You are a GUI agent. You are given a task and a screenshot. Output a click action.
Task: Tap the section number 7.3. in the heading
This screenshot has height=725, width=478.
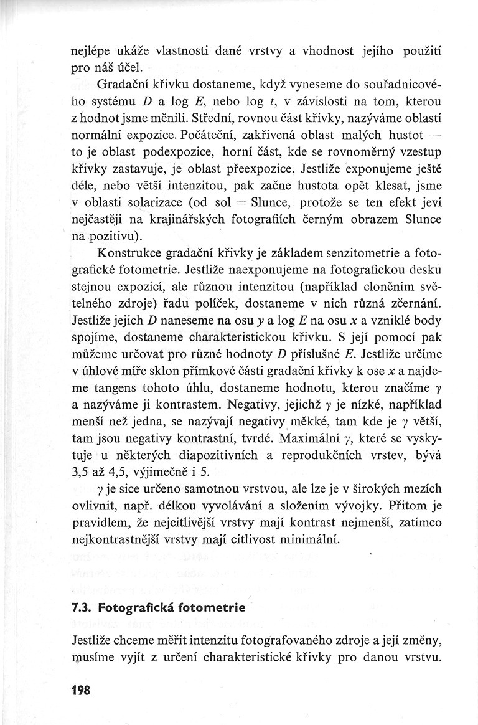click(x=83, y=607)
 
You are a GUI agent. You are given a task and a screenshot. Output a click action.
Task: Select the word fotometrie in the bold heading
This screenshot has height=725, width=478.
click(x=200, y=607)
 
